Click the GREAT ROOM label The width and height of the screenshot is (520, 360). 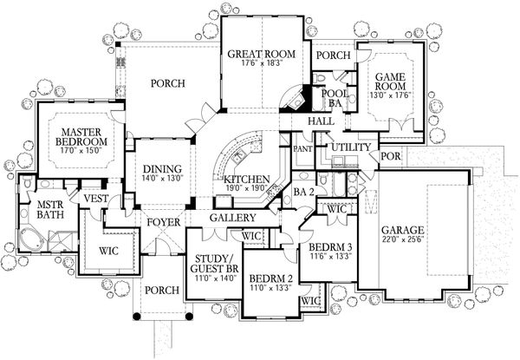[262, 54]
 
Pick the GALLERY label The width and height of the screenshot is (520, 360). [231, 218]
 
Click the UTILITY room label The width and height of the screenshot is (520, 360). [351, 147]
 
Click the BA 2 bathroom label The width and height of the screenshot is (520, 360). [302, 191]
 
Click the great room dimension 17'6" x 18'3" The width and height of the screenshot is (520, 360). [262, 65]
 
